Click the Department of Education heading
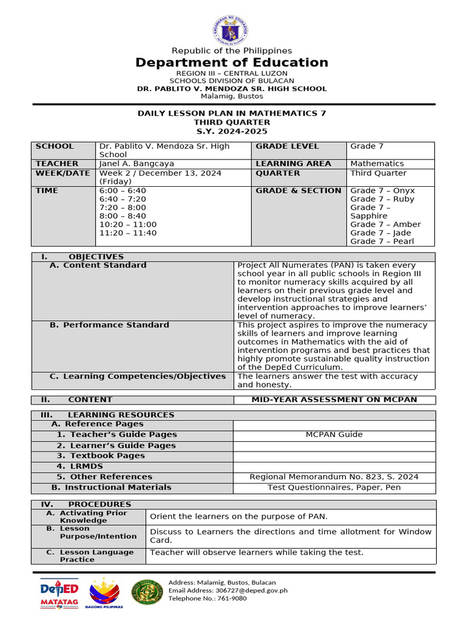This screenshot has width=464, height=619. [232, 63]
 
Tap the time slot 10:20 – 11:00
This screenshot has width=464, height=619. [127, 224]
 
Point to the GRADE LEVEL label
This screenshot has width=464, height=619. [287, 146]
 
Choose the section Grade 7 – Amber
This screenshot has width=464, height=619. [385, 224]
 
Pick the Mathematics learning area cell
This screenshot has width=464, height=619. [377, 164]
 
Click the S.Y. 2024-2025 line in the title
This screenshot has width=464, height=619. [232, 131]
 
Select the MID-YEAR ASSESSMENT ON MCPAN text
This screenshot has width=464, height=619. [334, 400]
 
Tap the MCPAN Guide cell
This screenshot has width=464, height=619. [334, 435]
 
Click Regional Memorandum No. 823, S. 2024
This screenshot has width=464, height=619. [334, 477]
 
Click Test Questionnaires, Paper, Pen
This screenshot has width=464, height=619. [334, 487]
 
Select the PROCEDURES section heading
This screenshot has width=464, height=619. [99, 504]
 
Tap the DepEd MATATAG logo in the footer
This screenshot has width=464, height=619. [59, 593]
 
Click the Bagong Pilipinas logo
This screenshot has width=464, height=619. [105, 593]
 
